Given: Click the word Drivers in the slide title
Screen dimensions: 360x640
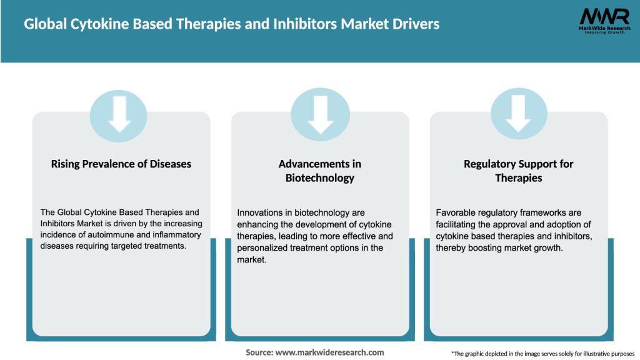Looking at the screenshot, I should [413, 24].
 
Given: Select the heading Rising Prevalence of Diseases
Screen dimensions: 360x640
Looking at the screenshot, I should [121, 164].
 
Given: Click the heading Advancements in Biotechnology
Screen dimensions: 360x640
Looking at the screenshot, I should [320, 171].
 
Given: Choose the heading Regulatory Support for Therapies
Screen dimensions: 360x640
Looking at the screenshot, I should [518, 171].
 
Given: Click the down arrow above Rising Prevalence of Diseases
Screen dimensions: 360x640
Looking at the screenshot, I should [119, 114].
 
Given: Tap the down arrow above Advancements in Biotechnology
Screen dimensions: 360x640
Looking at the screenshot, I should [320, 114].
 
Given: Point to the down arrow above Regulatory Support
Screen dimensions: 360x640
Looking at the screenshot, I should [519, 114].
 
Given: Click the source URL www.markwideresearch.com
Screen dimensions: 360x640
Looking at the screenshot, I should [330, 352].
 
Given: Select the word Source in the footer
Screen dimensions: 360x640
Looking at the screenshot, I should [259, 352].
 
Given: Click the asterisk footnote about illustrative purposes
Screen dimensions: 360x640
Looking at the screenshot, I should [542, 354].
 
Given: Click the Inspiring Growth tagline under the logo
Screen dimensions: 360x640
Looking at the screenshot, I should [604, 32].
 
